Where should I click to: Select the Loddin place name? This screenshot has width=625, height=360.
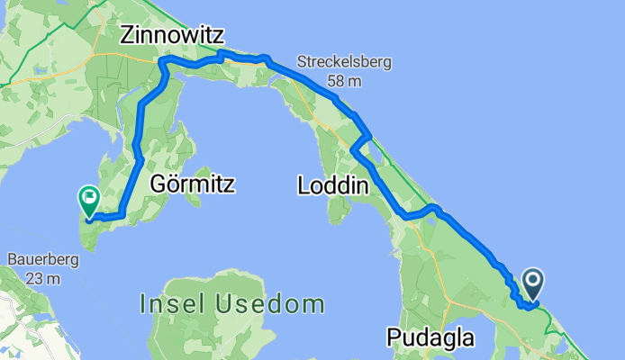tap(333, 186)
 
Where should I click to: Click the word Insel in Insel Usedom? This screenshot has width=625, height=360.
tap(173, 303)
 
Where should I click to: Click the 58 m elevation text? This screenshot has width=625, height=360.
tap(343, 82)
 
